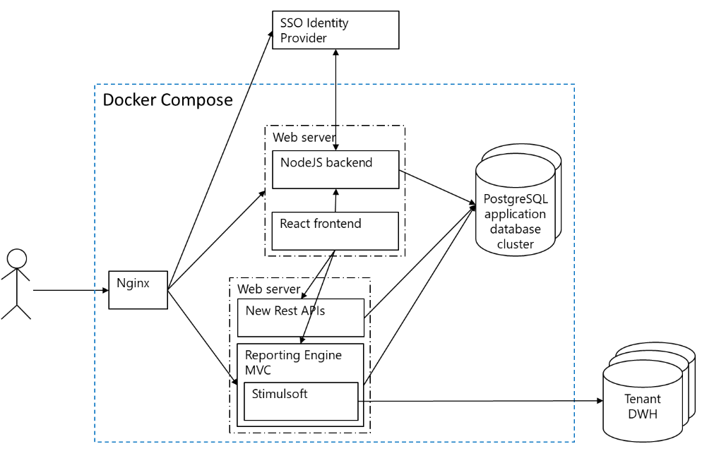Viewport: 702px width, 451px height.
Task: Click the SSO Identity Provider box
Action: click(335, 30)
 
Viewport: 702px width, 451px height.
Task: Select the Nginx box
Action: click(138, 289)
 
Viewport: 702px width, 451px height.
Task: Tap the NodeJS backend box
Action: click(335, 169)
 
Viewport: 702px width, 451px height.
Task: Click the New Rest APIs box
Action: click(300, 318)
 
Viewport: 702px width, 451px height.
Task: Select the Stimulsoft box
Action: click(301, 401)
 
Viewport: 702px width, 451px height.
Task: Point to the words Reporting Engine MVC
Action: click(293, 362)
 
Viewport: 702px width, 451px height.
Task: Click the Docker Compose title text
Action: click(167, 100)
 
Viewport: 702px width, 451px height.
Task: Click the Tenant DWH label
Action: click(643, 407)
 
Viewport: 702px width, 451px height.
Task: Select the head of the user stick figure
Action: click(16, 259)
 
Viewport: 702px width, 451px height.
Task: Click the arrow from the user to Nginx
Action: click(71, 289)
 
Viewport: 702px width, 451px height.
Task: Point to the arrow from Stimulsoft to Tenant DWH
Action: click(480, 401)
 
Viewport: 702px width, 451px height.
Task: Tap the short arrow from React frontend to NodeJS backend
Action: click(335, 200)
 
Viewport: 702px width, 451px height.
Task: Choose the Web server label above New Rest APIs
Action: click(268, 289)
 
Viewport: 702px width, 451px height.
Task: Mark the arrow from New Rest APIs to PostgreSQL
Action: click(420, 261)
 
